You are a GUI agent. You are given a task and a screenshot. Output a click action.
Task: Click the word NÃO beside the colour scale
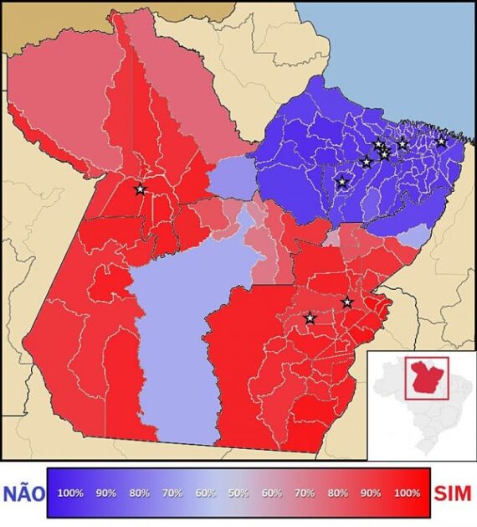coord(23,493)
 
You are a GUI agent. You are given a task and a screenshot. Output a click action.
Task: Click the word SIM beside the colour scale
coord(453,493)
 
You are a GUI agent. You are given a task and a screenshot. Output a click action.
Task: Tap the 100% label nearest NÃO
coord(70,493)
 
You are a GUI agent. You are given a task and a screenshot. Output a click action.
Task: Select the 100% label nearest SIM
coord(407,493)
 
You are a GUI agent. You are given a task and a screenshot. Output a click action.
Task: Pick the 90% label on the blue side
coord(105,493)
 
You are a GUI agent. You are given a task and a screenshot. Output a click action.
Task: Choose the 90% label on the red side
coord(372,493)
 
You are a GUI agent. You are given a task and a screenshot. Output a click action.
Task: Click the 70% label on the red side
coord(304,493)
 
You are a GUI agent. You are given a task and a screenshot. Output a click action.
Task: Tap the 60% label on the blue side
coord(206,493)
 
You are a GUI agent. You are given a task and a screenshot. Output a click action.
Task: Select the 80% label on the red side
coord(338,493)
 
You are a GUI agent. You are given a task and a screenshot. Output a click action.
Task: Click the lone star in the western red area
coord(140,189)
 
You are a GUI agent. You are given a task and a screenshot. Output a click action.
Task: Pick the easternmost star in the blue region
coord(442,142)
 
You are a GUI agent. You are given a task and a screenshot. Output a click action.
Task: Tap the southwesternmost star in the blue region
coord(341,182)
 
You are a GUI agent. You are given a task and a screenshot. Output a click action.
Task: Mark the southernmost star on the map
coord(310,318)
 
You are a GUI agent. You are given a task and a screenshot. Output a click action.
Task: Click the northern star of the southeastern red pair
coord(347,302)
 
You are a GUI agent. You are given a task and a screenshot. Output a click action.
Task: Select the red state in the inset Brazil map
coord(426,377)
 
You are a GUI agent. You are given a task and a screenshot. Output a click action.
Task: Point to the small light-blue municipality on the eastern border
coord(413,237)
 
